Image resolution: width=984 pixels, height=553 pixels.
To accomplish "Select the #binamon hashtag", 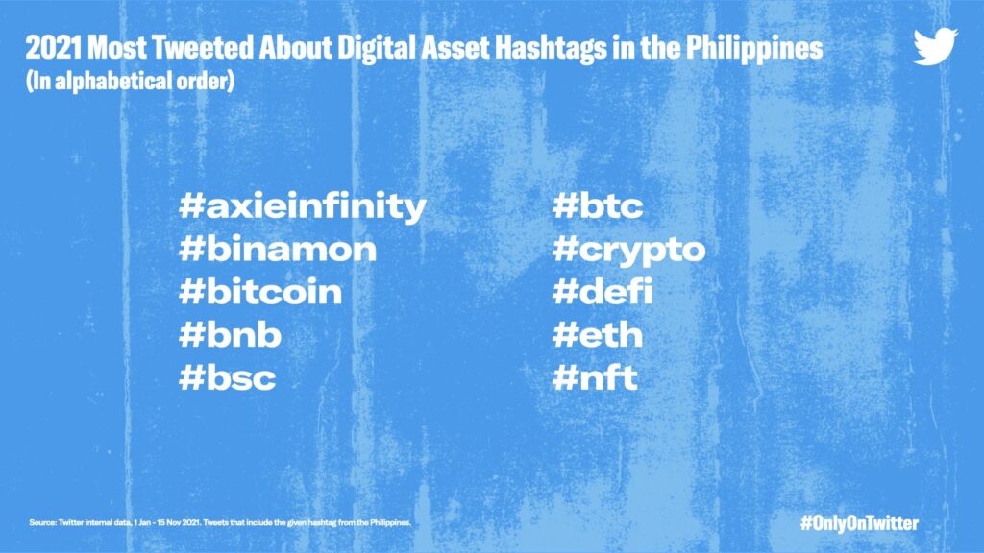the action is [x=278, y=249].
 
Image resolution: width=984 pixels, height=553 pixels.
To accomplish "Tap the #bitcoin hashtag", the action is [x=260, y=291].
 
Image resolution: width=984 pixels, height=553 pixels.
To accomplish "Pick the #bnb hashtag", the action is [x=230, y=333].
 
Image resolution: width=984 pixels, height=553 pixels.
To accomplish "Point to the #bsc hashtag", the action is [x=227, y=376].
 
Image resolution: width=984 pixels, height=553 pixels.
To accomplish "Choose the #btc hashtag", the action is [x=598, y=205].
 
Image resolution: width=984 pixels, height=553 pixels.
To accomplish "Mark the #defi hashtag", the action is [x=603, y=291].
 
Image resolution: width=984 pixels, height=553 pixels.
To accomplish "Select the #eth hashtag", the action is [x=598, y=333].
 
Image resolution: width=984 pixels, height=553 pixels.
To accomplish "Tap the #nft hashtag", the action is [x=595, y=376].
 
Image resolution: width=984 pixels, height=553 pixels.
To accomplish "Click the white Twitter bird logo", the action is [x=935, y=46].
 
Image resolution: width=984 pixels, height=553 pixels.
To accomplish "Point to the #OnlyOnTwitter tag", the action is [x=859, y=523].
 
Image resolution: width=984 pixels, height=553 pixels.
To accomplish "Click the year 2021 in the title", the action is [x=54, y=48].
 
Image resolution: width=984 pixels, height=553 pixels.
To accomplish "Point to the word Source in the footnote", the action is [x=42, y=522].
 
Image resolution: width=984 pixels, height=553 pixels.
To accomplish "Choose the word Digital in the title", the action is [x=377, y=49].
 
